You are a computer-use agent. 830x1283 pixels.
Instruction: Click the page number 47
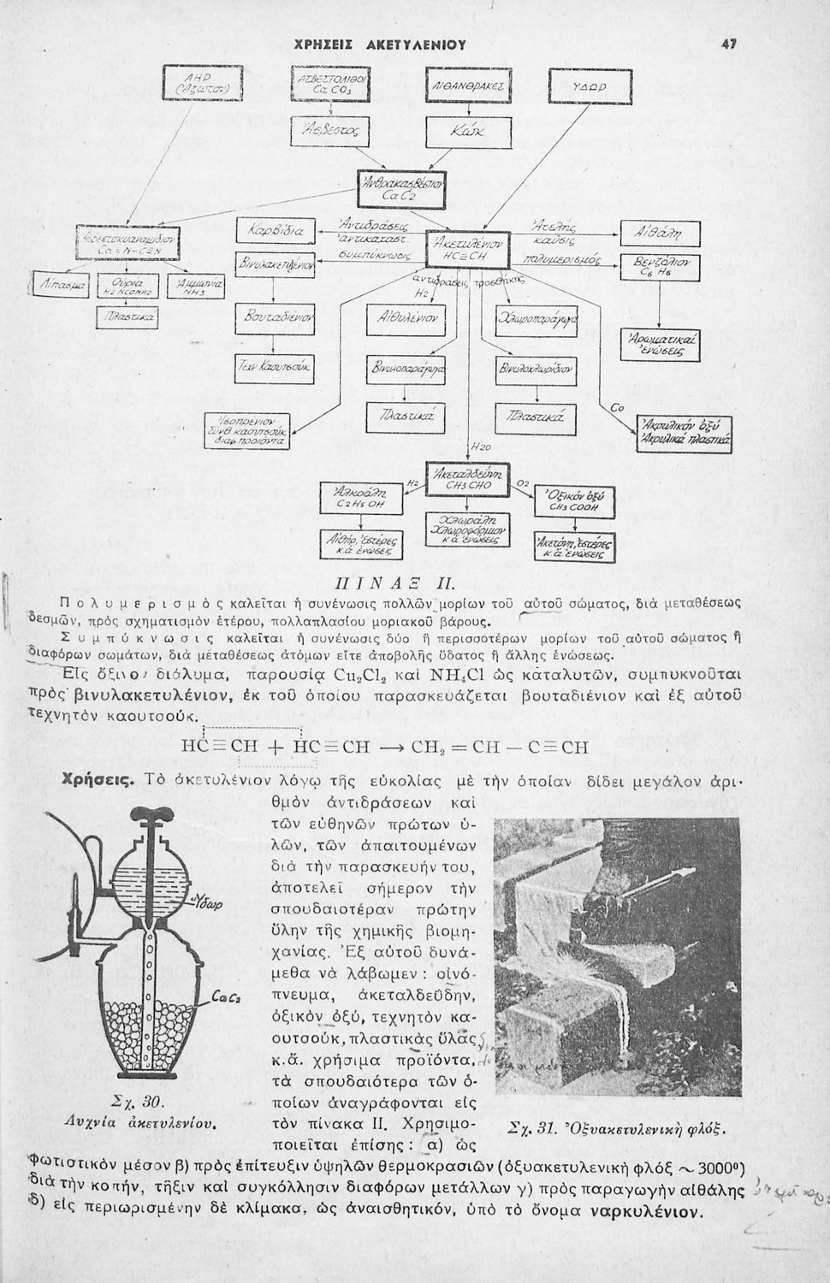tap(729, 43)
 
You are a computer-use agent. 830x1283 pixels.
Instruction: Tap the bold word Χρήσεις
tap(97, 780)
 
